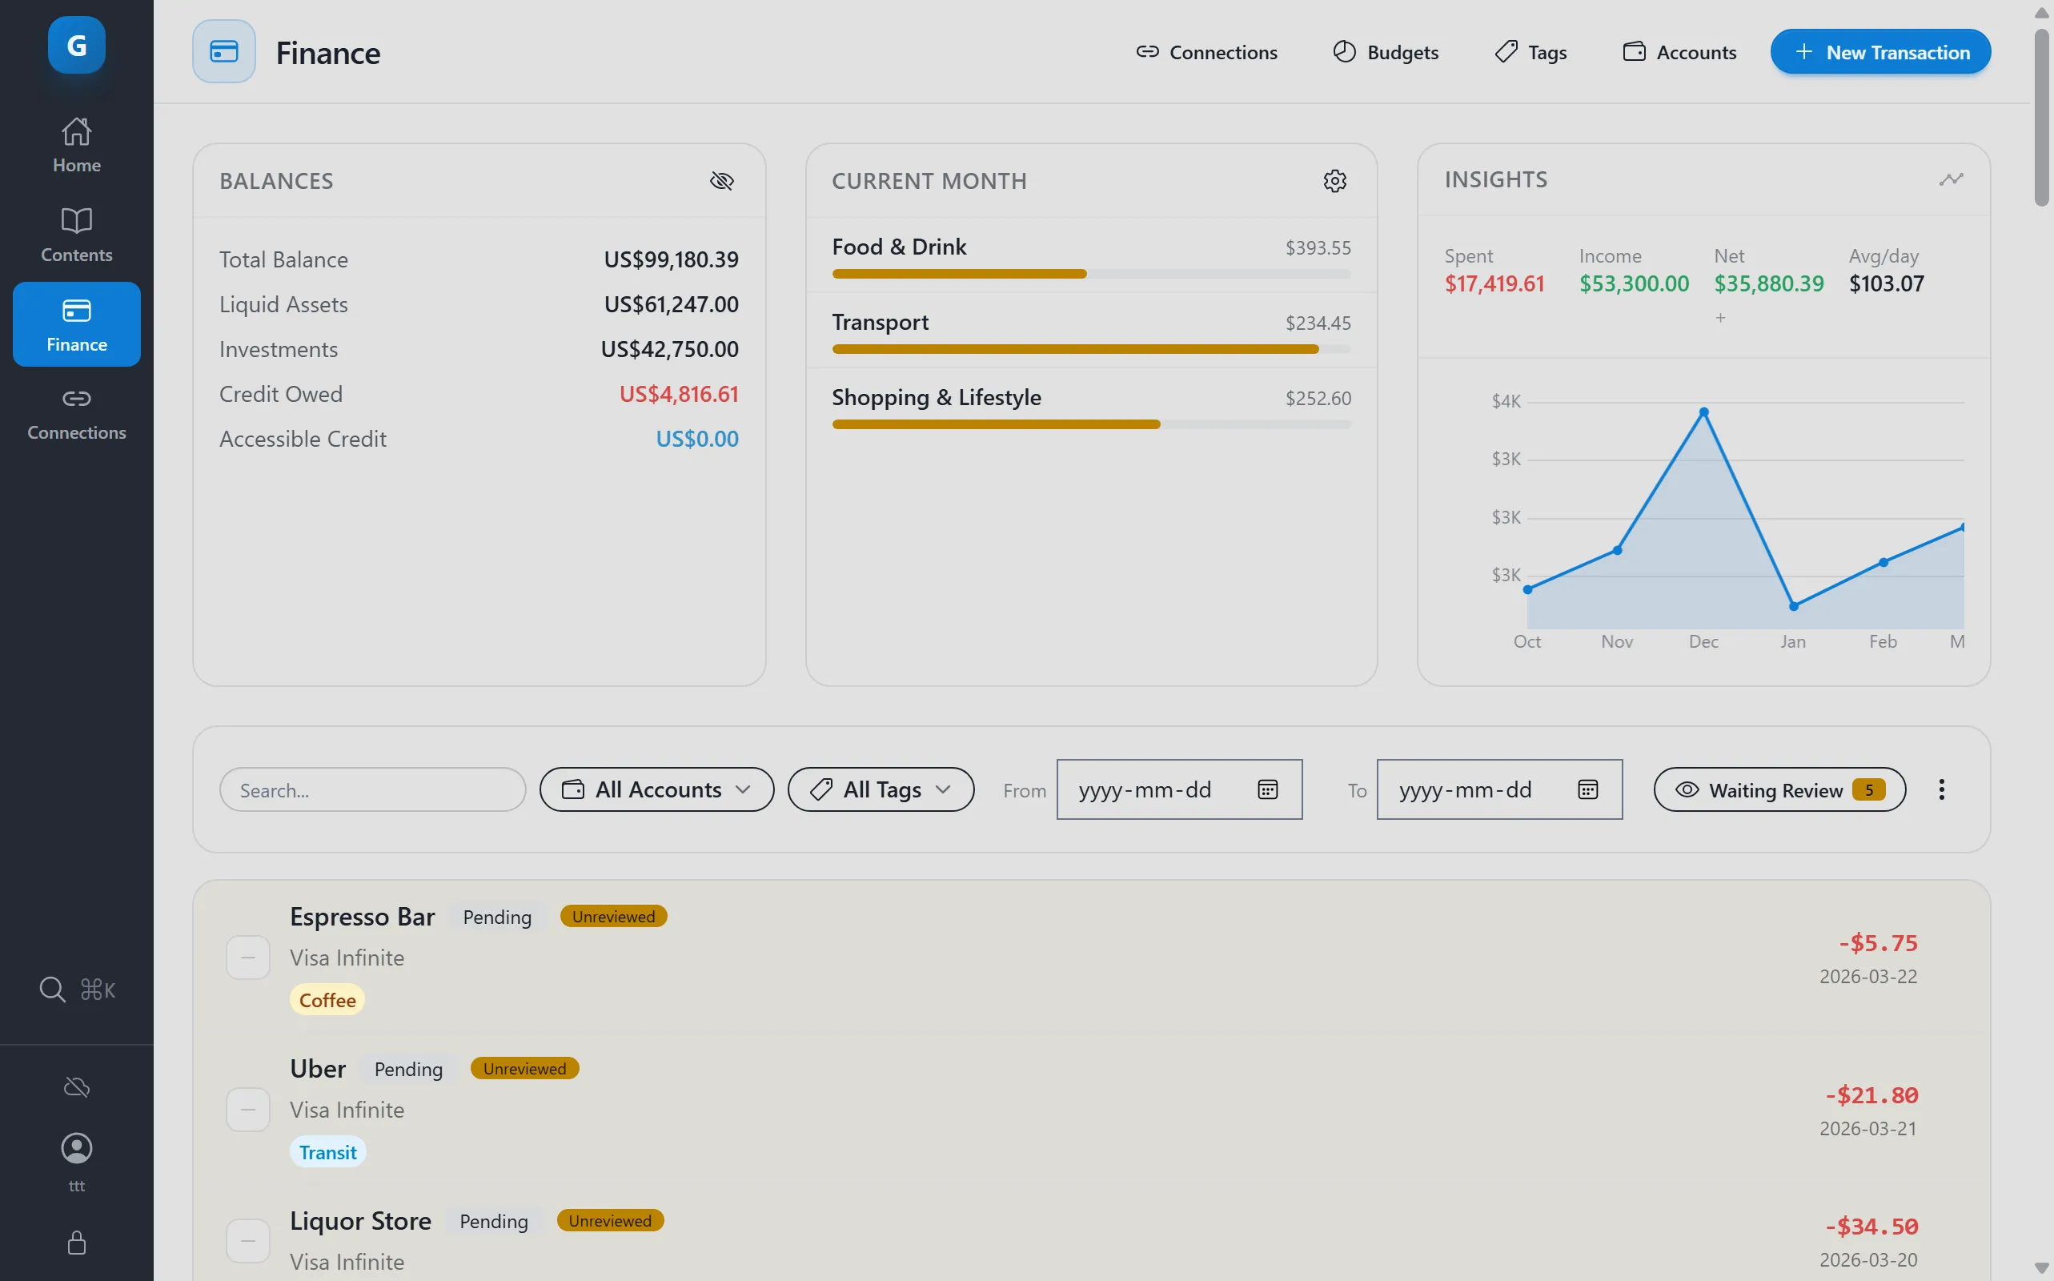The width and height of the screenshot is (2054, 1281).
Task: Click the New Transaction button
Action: [1879, 53]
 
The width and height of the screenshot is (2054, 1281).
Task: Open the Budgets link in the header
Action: [1386, 53]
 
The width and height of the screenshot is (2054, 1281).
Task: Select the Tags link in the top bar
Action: [1530, 53]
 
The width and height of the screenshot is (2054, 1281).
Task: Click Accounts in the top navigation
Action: [1679, 53]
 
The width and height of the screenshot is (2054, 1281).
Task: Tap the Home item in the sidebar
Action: [76, 145]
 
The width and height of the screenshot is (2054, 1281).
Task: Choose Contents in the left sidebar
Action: [76, 235]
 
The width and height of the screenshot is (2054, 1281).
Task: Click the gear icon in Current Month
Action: [1335, 180]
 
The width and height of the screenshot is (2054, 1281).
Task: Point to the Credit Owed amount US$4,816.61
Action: [679, 394]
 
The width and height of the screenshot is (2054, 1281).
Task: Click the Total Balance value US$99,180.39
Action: [671, 259]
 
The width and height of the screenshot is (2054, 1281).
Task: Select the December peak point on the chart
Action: [1703, 412]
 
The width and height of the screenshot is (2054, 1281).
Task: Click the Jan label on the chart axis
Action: [1792, 641]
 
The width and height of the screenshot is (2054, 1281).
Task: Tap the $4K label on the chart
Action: [1505, 402]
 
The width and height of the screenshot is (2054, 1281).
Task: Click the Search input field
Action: [373, 789]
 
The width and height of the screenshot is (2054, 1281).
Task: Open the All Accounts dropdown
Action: [656, 789]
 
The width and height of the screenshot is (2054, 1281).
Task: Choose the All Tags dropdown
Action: [880, 789]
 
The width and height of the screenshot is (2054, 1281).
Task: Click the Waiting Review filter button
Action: [1779, 789]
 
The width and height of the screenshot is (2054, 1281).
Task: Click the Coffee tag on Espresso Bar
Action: [327, 1000]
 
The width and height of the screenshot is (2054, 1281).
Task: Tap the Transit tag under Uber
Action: [328, 1152]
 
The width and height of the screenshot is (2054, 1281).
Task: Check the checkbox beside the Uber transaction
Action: [248, 1110]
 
